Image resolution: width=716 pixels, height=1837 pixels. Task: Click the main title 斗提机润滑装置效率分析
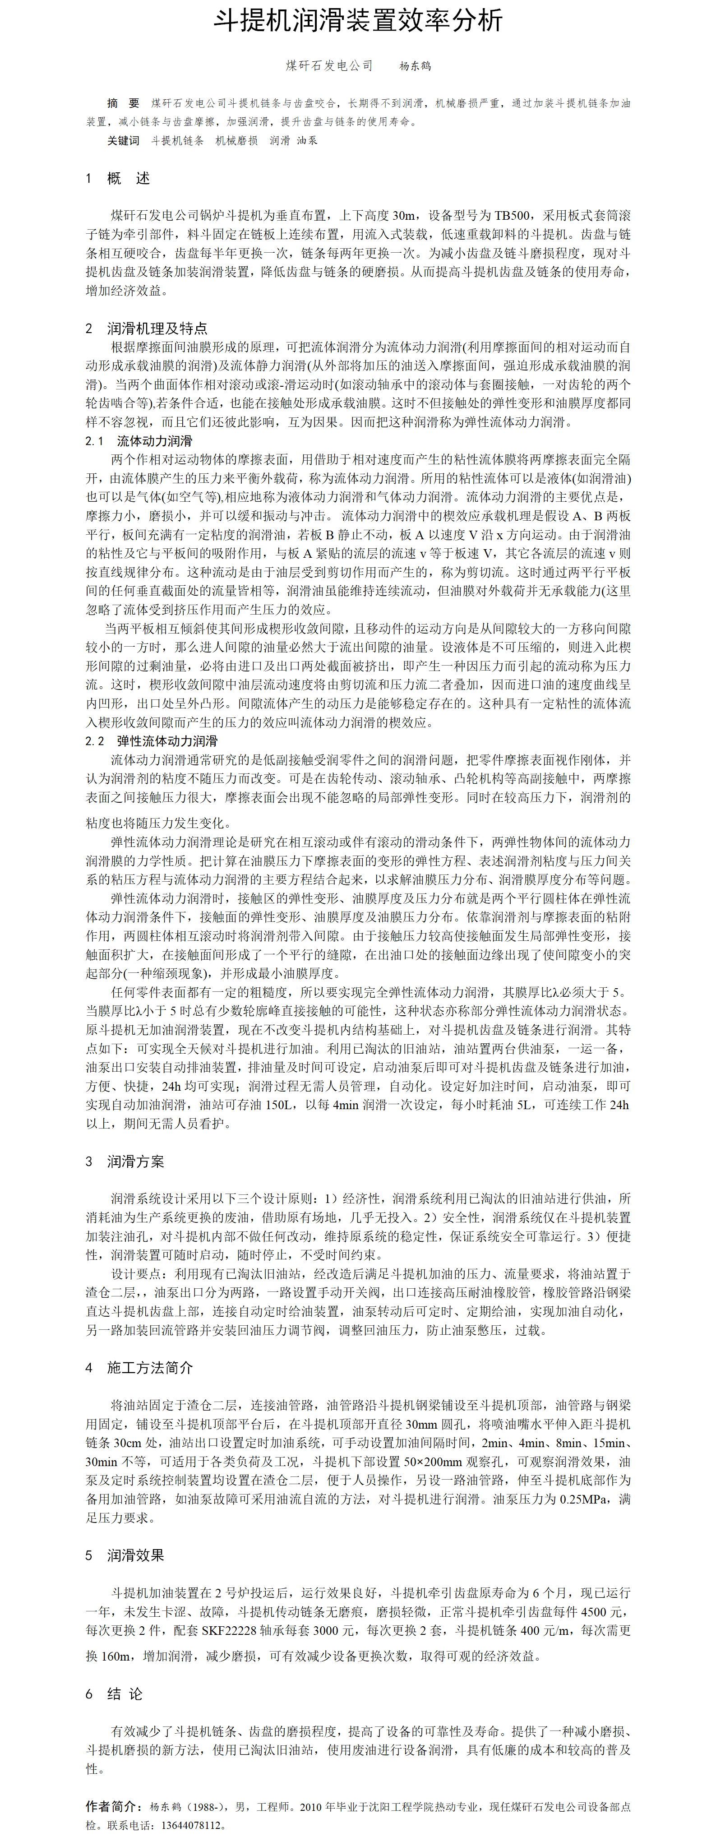point(358,20)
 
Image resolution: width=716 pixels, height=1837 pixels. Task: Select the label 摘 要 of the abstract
point(123,103)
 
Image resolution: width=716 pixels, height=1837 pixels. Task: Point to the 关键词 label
point(123,140)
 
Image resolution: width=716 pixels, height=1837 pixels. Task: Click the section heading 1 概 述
point(118,178)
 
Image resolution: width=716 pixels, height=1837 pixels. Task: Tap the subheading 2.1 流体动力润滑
point(139,441)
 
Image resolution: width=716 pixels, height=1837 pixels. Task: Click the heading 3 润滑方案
point(125,1161)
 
